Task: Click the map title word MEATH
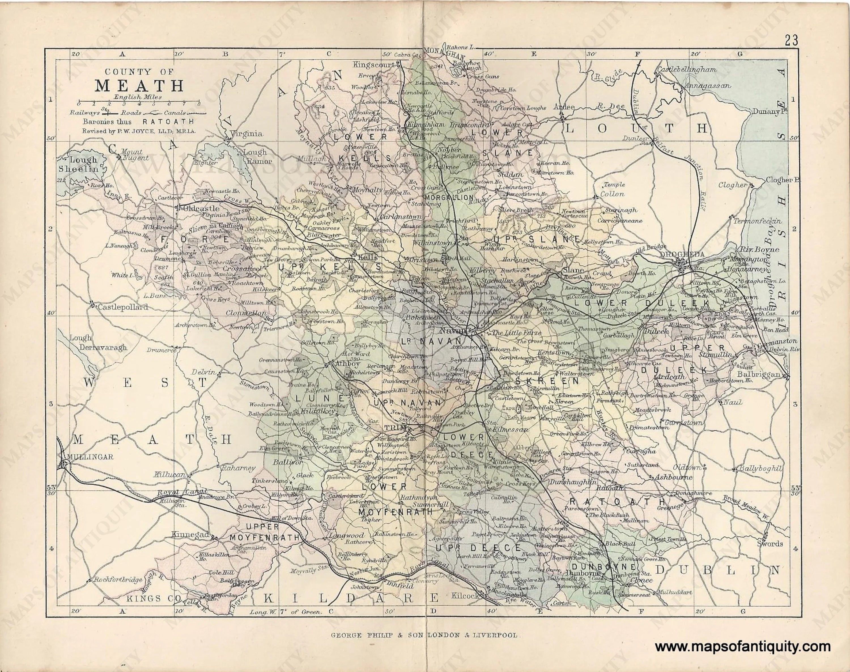[139, 86]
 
